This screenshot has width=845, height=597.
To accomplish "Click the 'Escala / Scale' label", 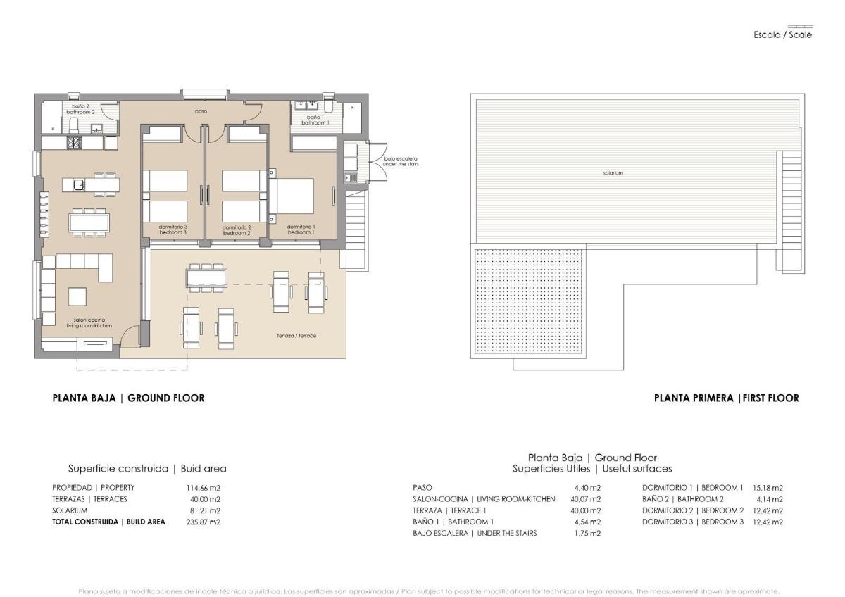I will point(782,34).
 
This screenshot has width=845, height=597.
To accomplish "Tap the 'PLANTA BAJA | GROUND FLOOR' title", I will point(128,398).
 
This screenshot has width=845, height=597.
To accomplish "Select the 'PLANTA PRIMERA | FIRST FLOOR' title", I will point(726,398).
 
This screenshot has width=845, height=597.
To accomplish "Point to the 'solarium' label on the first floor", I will point(613,172).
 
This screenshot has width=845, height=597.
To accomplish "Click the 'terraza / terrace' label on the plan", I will point(296,336).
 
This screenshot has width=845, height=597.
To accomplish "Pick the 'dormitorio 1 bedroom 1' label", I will point(300,230).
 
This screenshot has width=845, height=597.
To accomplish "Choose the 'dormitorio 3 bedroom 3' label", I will point(173,230).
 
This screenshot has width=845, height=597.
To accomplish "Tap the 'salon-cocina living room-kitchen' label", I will point(84,322).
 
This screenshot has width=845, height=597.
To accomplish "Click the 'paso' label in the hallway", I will point(201,111).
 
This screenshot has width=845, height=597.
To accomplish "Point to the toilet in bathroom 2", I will point(73,125).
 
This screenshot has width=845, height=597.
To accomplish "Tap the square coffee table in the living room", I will point(77,296).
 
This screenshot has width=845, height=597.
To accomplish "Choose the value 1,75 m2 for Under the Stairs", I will point(587,533).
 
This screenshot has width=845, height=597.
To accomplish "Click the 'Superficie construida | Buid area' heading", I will point(147,468).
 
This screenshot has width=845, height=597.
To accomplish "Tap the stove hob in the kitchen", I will point(74,143).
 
